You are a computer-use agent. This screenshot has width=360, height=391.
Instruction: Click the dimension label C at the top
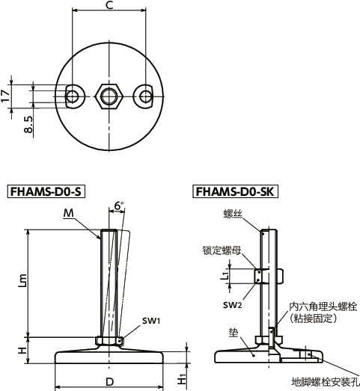[x=109, y=6]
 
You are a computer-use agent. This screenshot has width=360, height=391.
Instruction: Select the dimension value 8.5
[x=28, y=124]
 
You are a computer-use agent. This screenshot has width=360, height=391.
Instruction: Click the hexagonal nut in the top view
[x=109, y=95]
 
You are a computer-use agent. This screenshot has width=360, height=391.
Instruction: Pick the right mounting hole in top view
[x=144, y=95]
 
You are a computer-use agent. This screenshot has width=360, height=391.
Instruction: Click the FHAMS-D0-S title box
[x=46, y=191]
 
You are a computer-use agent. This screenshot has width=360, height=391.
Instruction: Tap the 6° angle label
[x=120, y=206]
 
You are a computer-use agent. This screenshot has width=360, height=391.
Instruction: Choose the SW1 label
[x=153, y=321]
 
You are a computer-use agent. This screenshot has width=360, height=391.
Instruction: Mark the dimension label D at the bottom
[x=109, y=383]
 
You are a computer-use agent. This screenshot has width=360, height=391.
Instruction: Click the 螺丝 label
[x=233, y=214]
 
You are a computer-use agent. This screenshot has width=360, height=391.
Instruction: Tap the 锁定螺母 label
[x=221, y=252]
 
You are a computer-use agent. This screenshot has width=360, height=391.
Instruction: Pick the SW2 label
[x=233, y=304]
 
